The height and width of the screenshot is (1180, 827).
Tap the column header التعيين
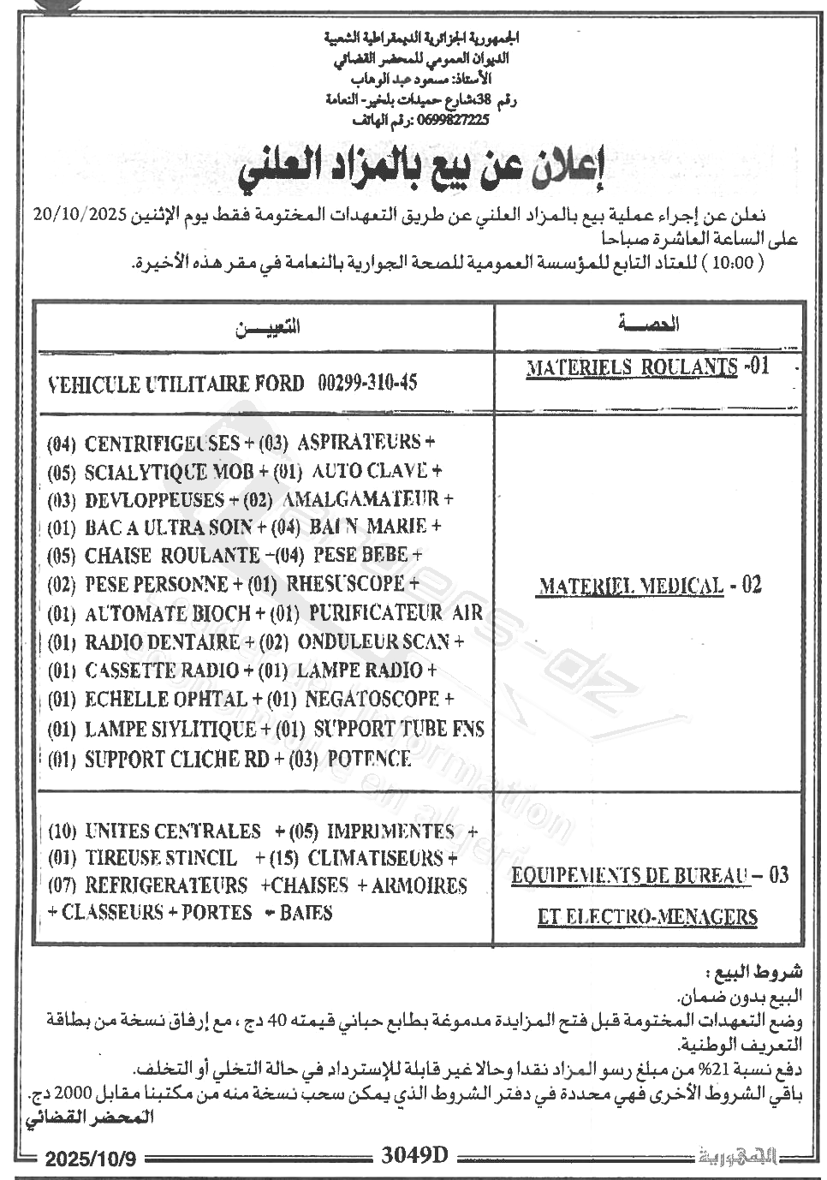[266, 325]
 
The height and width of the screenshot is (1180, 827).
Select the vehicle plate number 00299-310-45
[367, 383]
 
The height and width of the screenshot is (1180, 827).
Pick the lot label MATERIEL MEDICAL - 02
[649, 586]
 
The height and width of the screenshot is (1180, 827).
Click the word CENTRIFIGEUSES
[162, 443]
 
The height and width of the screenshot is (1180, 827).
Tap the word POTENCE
[369, 759]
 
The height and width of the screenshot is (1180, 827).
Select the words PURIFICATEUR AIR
[396, 613]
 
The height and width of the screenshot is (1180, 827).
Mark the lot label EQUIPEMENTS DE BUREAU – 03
[649, 876]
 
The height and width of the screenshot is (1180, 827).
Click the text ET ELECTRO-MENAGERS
[647, 917]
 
